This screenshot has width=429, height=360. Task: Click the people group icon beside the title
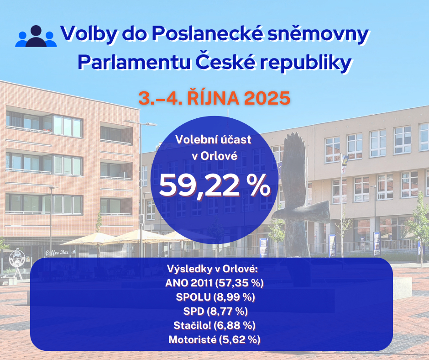(x=36, y=37)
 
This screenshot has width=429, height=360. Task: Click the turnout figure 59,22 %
(x=214, y=185)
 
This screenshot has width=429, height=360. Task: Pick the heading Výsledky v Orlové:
(x=214, y=269)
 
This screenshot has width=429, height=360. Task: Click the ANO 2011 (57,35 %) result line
(x=214, y=283)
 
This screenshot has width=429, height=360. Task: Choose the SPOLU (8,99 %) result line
(x=215, y=297)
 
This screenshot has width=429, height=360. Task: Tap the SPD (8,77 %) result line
(x=214, y=312)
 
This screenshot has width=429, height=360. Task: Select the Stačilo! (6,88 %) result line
(x=214, y=326)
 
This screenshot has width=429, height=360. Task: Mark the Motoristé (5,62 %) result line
(x=214, y=340)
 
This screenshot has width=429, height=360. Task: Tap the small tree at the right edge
(x=419, y=219)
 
